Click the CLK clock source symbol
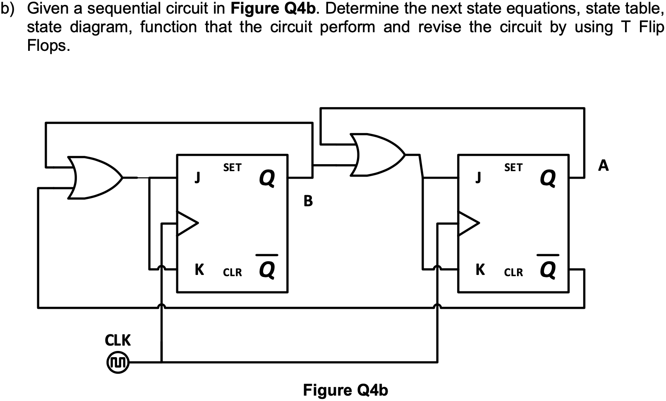click(x=118, y=363)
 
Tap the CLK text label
click(x=118, y=340)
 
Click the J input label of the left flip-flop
click(x=198, y=177)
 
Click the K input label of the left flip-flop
click(x=199, y=270)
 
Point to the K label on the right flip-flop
click(x=480, y=270)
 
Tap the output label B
click(x=308, y=201)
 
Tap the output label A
click(x=604, y=166)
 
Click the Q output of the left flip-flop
click(x=267, y=178)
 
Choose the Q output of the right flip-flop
click(x=548, y=178)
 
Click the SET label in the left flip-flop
click(x=232, y=167)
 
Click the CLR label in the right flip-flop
click(x=513, y=272)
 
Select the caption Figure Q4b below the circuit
click(x=345, y=390)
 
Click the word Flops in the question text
click(x=46, y=46)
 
